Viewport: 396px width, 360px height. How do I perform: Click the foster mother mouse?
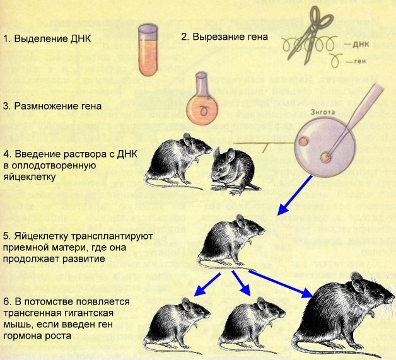[228, 243]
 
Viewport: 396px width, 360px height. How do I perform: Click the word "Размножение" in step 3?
[45, 105]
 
